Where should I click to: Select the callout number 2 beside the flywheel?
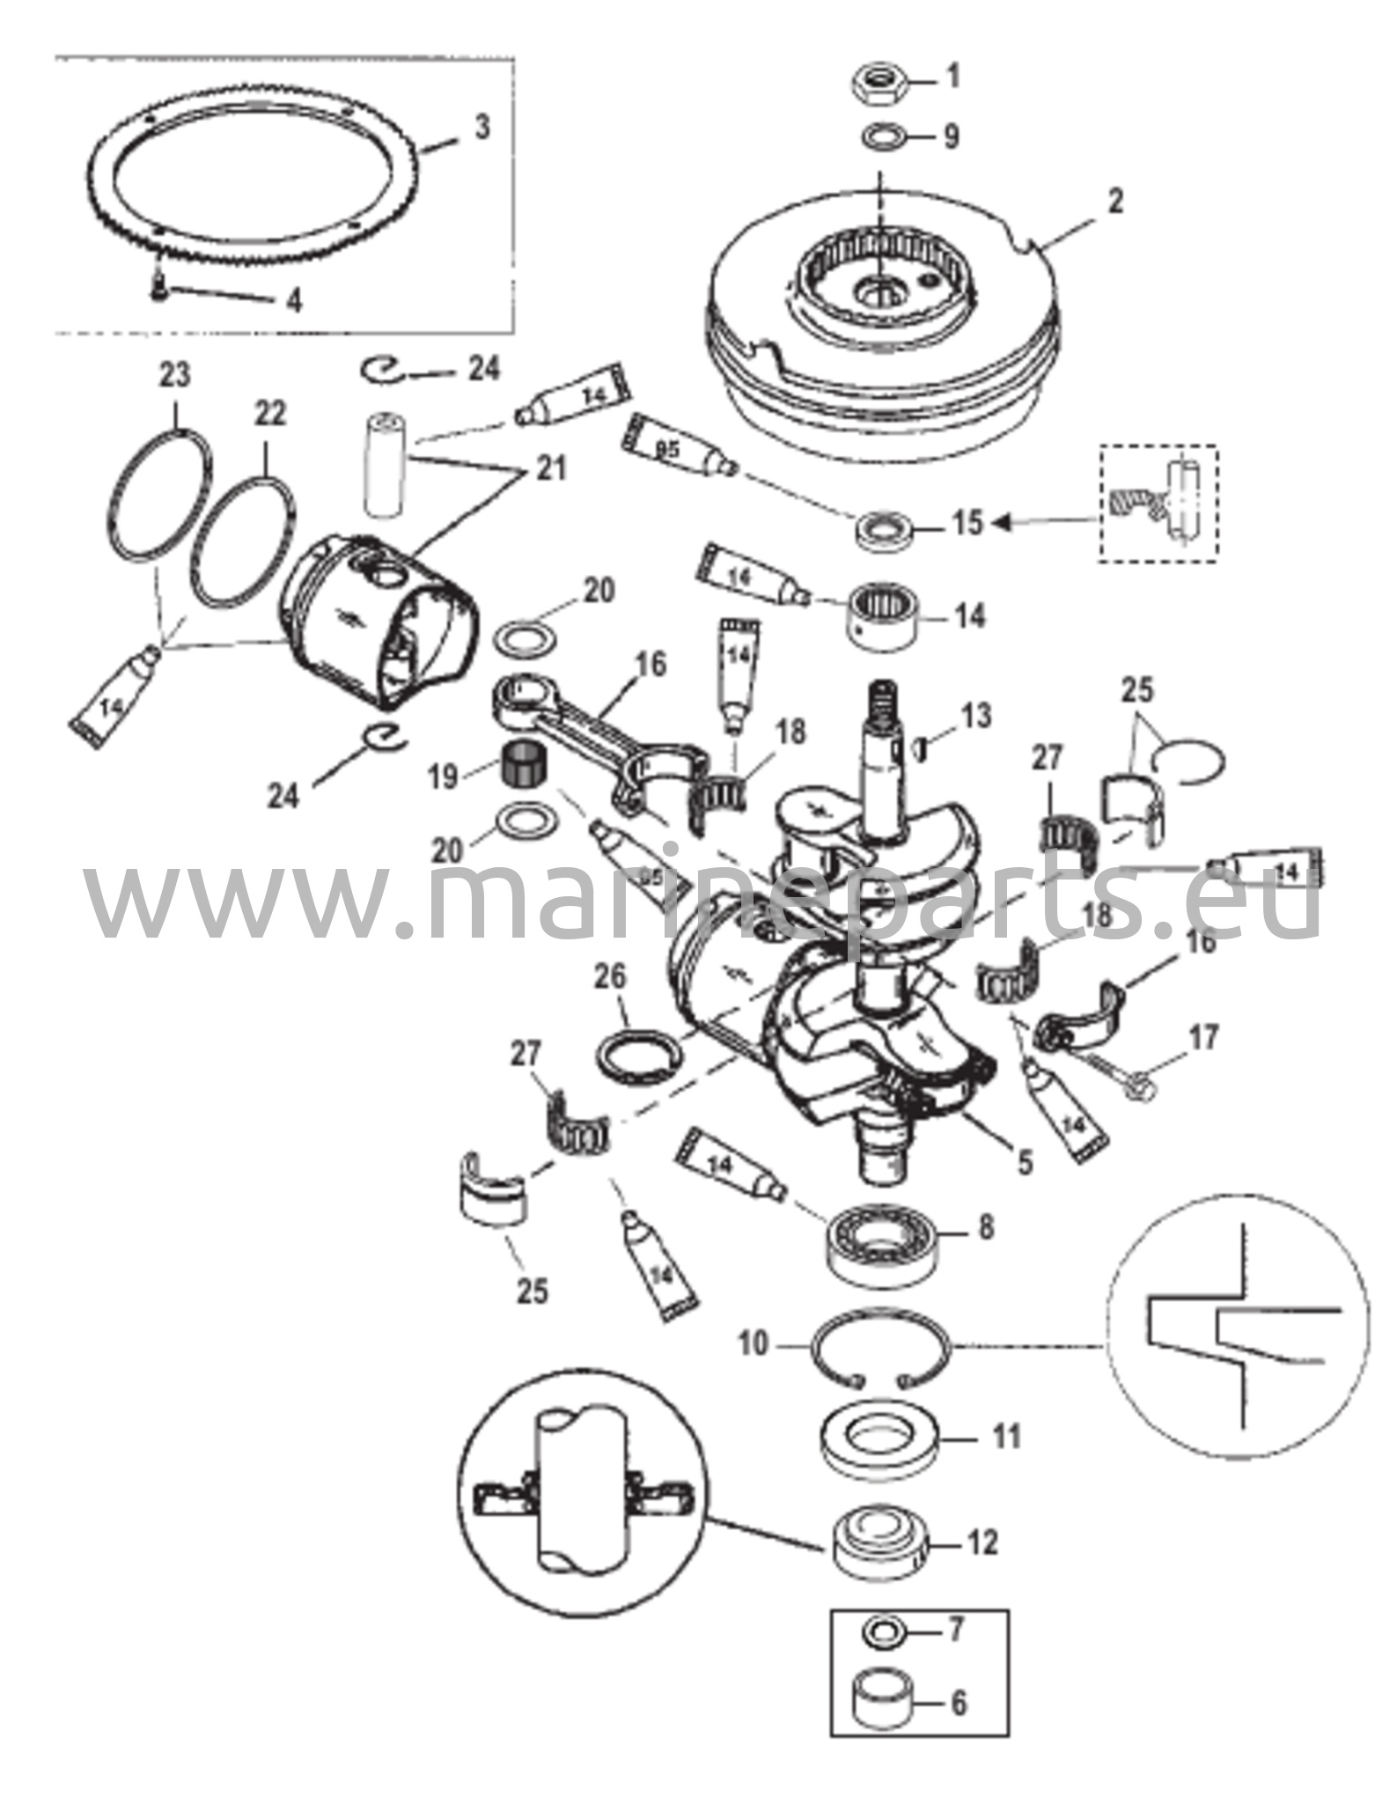1114,202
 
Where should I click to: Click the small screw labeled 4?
158,288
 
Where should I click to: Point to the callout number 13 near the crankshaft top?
974,717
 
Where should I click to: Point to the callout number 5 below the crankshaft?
1024,1161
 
